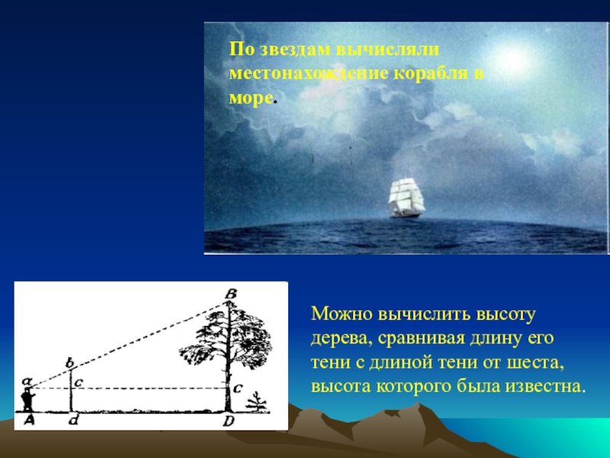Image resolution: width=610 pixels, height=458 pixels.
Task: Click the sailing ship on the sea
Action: pyautogui.click(x=406, y=198)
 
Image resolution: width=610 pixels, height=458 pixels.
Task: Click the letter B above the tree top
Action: pyautogui.click(x=231, y=295)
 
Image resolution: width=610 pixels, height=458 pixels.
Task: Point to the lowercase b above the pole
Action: pyautogui.click(x=69, y=363)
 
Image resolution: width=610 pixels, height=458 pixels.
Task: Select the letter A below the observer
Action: pyautogui.click(x=29, y=420)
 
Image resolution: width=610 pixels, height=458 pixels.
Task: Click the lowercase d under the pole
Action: pyautogui.click(x=72, y=420)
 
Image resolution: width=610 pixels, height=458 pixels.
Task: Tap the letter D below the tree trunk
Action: pyautogui.click(x=229, y=421)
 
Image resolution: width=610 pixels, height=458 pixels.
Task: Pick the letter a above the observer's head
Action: pyautogui.click(x=27, y=381)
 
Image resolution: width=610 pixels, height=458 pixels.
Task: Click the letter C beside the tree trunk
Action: pyautogui.click(x=238, y=388)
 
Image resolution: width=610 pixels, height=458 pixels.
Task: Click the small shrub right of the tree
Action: pyautogui.click(x=256, y=402)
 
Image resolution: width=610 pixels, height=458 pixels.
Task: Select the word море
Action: pyautogui.click(x=250, y=98)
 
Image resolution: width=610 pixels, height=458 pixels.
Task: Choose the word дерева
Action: pyautogui.click(x=338, y=339)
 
